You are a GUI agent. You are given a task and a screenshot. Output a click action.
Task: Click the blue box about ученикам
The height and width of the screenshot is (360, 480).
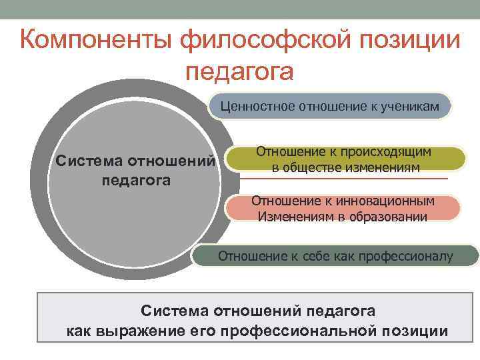tap(330, 105)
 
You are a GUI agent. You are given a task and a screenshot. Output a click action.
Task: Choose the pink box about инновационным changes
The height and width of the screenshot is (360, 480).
tap(343, 208)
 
